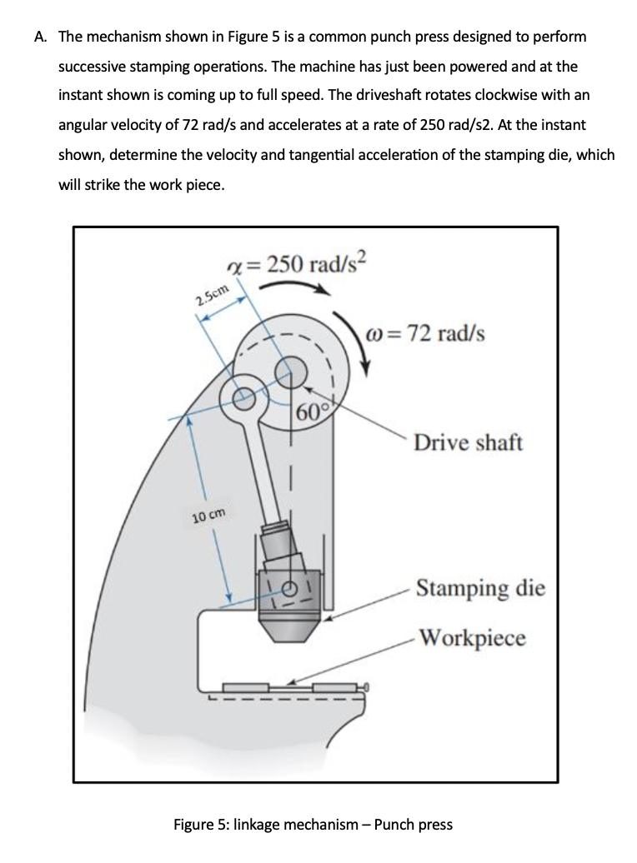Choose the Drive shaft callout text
click(468, 442)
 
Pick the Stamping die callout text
click(480, 588)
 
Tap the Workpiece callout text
click(472, 638)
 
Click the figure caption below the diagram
click(313, 825)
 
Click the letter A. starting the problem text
click(41, 37)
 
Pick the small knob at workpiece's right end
click(365, 687)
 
